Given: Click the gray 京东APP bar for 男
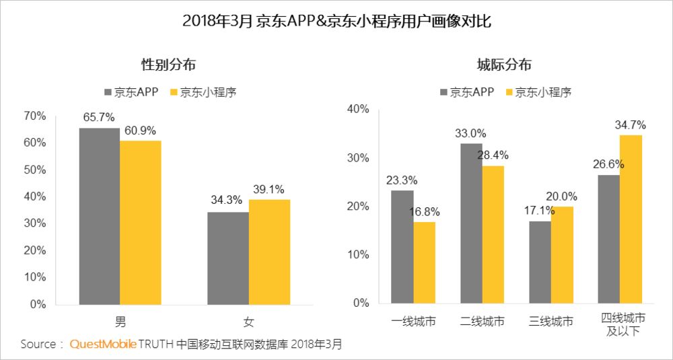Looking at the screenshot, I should tap(100, 216).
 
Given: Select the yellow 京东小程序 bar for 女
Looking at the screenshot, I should tap(269, 252).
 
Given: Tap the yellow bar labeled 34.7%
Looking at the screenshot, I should tap(631, 219).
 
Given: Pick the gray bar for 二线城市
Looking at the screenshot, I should tap(471, 223).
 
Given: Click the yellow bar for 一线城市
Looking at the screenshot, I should tap(424, 262).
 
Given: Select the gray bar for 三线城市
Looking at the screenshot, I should tap(540, 262).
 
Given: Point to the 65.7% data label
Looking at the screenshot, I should tap(100, 118).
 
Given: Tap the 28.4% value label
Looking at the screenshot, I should tap(493, 155).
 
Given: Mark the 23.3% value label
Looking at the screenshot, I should tap(402, 180).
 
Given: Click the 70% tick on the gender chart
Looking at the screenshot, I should tap(34, 116).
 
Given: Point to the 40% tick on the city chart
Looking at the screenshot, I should tap(358, 109).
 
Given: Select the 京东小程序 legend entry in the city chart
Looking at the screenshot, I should tap(537, 92).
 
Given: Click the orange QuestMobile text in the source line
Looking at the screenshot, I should tap(103, 345).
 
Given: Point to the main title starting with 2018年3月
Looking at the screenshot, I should tap(336, 21).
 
